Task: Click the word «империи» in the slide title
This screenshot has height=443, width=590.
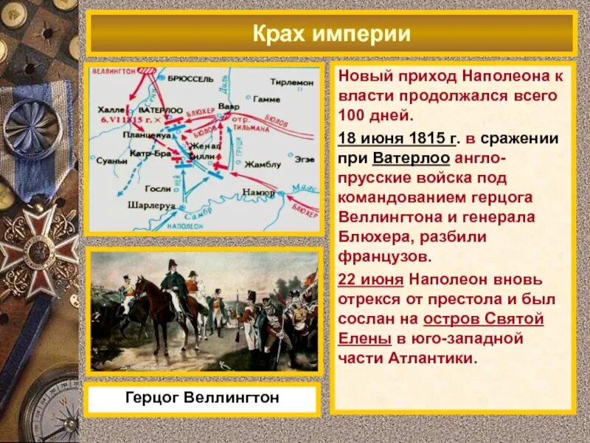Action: click(x=368, y=34)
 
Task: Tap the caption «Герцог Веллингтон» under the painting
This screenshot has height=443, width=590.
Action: click(x=201, y=399)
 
